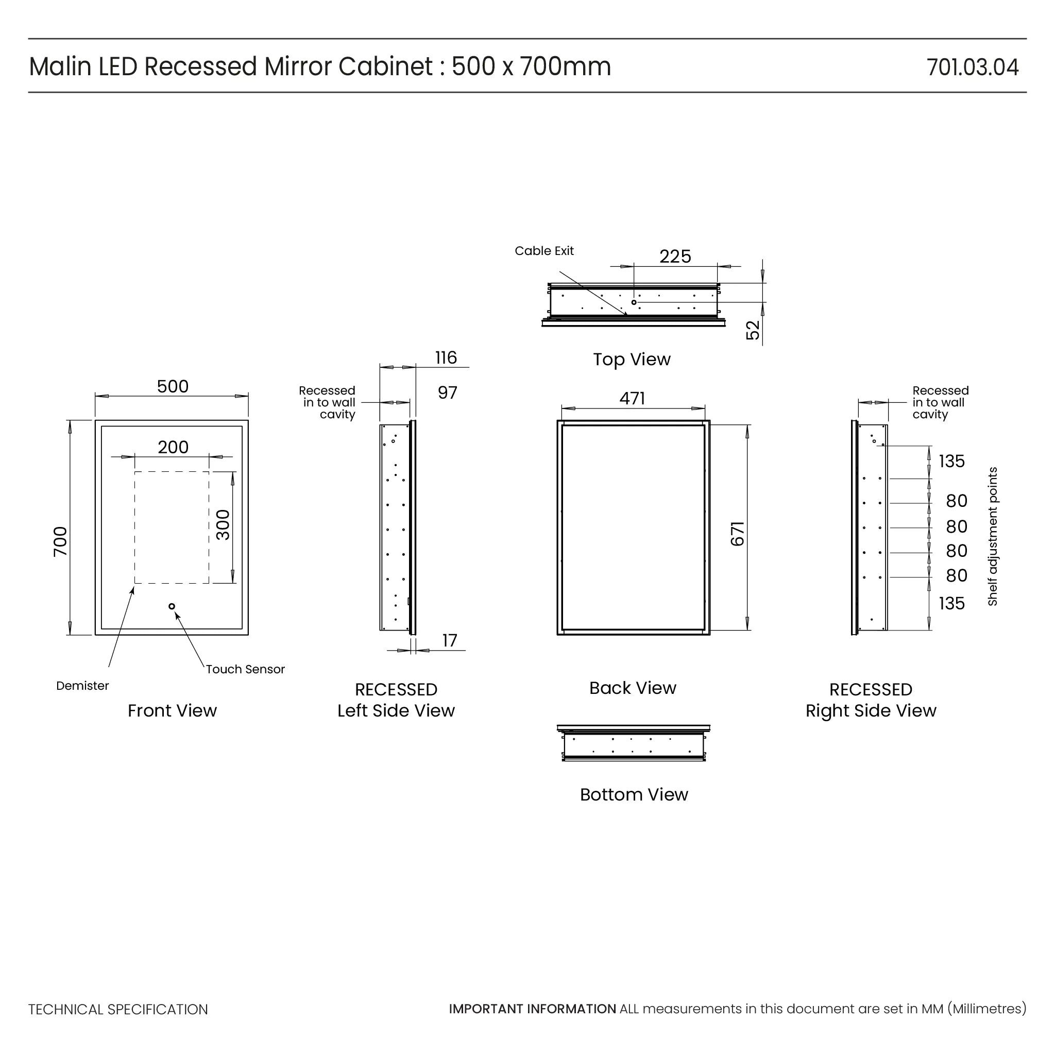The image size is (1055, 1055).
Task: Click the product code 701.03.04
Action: [972, 67]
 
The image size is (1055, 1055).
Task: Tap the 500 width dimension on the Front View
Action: [173, 387]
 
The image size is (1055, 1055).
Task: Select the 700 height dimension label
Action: [60, 541]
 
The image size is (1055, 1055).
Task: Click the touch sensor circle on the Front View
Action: [172, 606]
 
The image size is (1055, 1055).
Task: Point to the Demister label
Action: [82, 686]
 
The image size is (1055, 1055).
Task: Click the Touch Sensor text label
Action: [245, 670]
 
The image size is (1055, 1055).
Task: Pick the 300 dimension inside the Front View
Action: [223, 525]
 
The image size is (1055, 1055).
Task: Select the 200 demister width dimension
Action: [173, 447]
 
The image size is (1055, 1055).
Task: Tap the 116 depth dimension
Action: [446, 358]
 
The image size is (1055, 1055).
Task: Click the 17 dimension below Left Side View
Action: [449, 640]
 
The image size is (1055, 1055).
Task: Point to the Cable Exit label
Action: [544, 251]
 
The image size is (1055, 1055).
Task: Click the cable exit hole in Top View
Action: [634, 302]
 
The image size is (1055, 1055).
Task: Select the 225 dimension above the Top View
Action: [675, 257]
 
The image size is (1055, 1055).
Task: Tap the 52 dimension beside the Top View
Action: [753, 330]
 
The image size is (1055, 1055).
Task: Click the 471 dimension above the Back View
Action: [633, 399]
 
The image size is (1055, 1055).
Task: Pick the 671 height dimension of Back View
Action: [737, 534]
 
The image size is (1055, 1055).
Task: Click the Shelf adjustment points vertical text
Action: [992, 536]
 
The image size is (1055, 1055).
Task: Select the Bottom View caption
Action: [634, 794]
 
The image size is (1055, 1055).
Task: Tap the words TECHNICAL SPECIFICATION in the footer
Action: [118, 1010]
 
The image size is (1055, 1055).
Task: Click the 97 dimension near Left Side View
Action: [447, 393]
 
